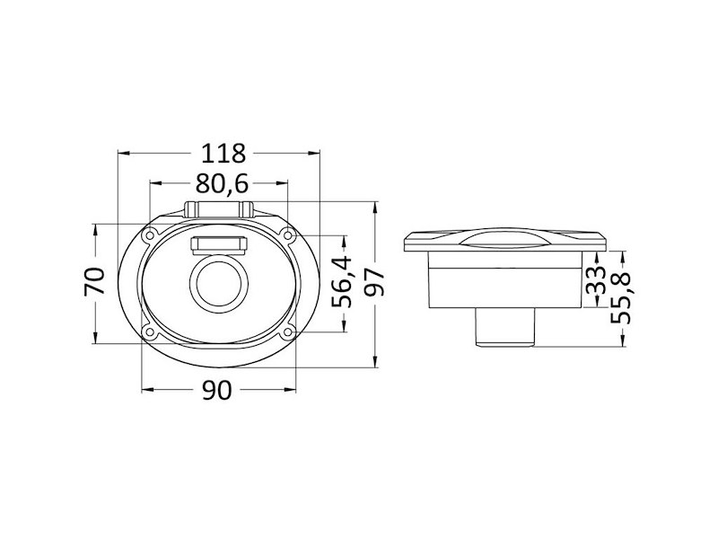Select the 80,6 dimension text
(x=222, y=184)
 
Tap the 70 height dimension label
(x=95, y=281)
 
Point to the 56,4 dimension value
(x=342, y=282)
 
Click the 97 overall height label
(x=375, y=282)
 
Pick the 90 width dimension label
(x=217, y=391)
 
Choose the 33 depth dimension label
(x=596, y=280)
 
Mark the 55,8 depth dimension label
(x=621, y=298)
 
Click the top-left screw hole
(x=149, y=235)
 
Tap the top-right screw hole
(x=288, y=235)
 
